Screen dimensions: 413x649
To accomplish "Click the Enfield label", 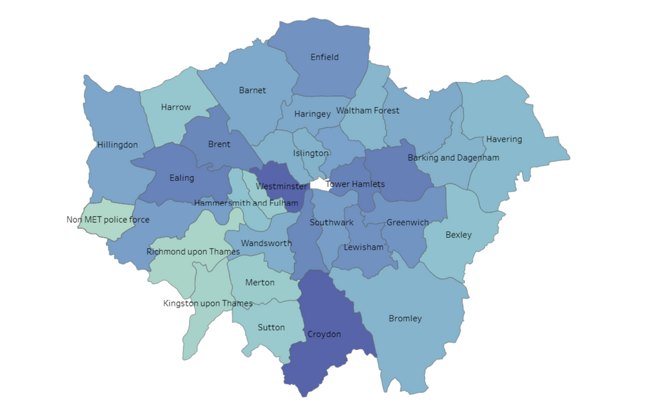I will click(x=324, y=58).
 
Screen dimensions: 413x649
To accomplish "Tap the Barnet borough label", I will click(x=252, y=91).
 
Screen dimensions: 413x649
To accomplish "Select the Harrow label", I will click(x=175, y=107).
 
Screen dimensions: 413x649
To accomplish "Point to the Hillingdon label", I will click(x=117, y=145).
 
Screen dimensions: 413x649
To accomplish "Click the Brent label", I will click(x=219, y=144).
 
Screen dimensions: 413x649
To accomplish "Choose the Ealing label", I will click(x=181, y=178).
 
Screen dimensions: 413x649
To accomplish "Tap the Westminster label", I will click(x=281, y=187).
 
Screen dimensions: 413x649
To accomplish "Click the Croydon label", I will click(x=324, y=334).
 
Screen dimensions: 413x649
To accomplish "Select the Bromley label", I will click(x=405, y=319).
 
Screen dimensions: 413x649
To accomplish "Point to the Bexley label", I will click(x=458, y=235).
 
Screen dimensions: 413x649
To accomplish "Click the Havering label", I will click(x=503, y=140).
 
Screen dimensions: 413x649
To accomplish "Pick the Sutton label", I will click(x=271, y=328).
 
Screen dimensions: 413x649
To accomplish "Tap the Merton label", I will click(x=260, y=283).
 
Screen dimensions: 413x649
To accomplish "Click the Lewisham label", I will click(x=364, y=248).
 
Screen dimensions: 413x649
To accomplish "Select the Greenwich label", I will click(x=407, y=223).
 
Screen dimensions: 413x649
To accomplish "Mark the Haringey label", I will click(x=312, y=115).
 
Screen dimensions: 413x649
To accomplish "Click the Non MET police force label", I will click(x=108, y=220).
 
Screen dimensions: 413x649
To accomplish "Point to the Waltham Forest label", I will click(x=368, y=111).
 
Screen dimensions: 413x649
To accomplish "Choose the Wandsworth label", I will click(x=266, y=244).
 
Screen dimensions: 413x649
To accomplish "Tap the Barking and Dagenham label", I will click(x=453, y=158).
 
